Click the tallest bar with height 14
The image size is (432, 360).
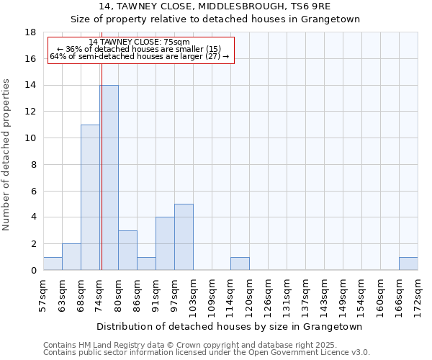[x=109, y=178]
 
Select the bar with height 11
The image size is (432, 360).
[x=90, y=197]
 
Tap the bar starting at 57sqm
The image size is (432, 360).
[x=53, y=264]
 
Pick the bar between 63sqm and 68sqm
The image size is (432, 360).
[x=71, y=257]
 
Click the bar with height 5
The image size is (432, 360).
[x=184, y=237]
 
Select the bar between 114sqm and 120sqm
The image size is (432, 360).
[x=240, y=264]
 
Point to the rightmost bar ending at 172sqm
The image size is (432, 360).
[x=408, y=264]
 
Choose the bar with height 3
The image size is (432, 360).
[x=127, y=251]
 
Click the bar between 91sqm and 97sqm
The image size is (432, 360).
[x=165, y=243]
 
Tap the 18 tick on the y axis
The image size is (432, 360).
[x=30, y=32]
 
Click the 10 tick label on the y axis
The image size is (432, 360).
[x=30, y=138]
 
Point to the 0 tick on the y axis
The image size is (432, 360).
[x=33, y=271]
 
